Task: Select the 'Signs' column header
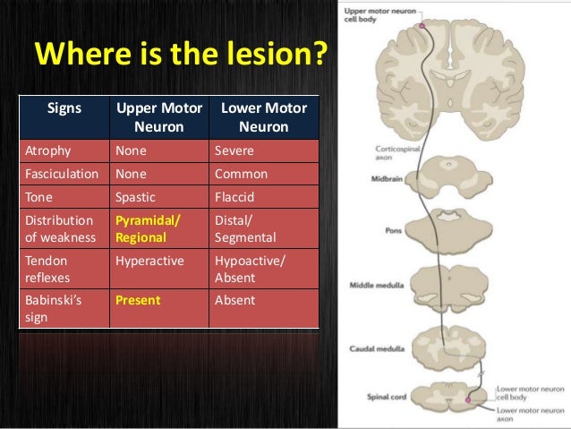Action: coord(63,109)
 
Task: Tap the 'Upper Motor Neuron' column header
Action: coord(158,117)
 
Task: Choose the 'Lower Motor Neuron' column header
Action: coord(263,117)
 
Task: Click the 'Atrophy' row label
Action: coord(48,151)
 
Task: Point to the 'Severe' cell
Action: coord(235,151)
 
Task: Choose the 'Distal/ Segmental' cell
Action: coord(246,229)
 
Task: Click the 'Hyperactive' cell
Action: coord(149,261)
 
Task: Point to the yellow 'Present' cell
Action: coord(137,300)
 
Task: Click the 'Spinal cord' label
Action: coord(386,395)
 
